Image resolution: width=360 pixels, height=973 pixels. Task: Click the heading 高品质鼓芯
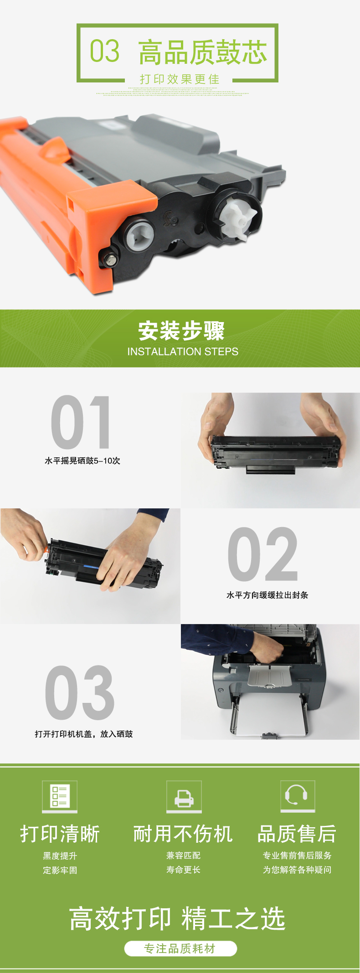pos(203,52)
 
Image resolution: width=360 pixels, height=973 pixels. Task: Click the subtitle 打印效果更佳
pos(180,79)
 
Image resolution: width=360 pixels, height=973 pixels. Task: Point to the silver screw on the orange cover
pos(110,260)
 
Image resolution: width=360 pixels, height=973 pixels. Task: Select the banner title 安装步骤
pos(181,331)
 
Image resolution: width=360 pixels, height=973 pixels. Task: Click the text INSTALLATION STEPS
pos(183,352)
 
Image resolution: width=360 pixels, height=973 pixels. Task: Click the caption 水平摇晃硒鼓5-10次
pos(82,461)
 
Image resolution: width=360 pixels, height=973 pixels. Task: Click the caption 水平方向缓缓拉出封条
pos(267,595)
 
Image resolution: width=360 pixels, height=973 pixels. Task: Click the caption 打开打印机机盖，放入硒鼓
pos(84,734)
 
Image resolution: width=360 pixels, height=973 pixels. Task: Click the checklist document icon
pos(60,796)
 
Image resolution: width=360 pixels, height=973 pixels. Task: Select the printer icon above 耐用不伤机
pos(184,796)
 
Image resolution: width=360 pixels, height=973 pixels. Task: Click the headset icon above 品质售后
pos(298,796)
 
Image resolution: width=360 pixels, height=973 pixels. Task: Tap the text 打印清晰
pos(60,834)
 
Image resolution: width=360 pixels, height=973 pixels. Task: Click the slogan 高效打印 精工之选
pos(177,918)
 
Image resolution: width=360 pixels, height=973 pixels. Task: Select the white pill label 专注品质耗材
pos(180,949)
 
